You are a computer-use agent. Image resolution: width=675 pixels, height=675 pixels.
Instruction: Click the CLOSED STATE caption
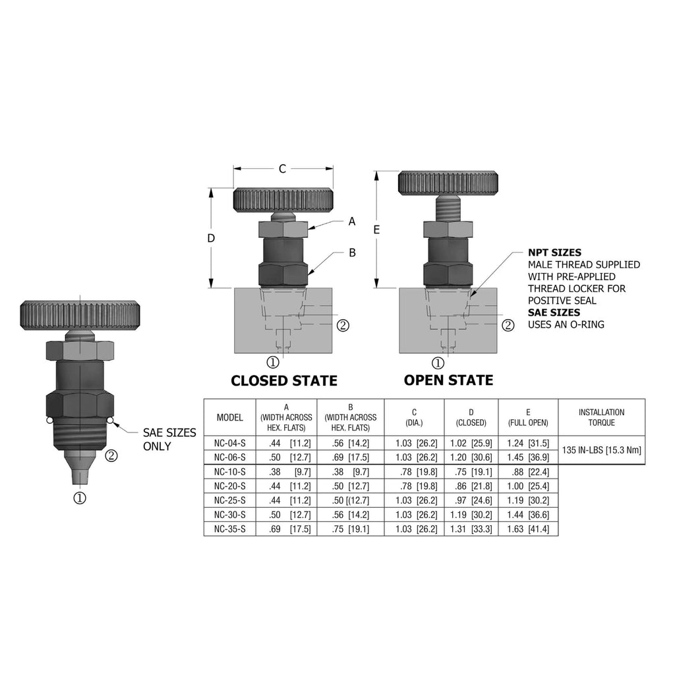(284, 380)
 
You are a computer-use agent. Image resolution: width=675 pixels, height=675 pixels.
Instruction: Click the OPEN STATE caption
(448, 380)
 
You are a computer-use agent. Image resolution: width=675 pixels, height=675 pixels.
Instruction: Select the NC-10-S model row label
(230, 472)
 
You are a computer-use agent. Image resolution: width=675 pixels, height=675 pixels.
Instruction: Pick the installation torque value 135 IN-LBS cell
(601, 450)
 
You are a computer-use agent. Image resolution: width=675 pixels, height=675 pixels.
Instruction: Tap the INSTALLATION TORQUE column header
(601, 417)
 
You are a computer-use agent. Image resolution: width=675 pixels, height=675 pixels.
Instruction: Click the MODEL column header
(230, 417)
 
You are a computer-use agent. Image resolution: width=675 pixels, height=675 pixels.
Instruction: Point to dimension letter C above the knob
(282, 169)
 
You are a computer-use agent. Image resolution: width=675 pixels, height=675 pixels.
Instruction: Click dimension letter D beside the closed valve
(211, 238)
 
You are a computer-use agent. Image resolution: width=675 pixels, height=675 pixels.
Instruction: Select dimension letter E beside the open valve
(376, 230)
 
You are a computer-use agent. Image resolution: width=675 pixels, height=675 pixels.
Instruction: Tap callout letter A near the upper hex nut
(352, 221)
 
